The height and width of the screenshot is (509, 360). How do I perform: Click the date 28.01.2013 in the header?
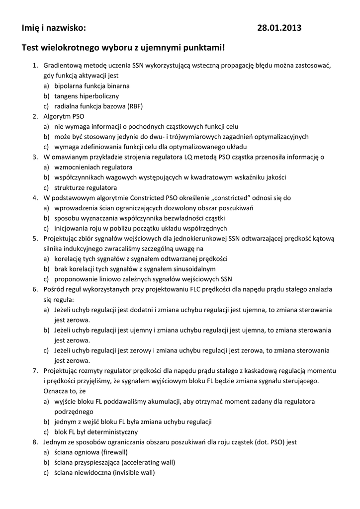pyautogui.click(x=279, y=28)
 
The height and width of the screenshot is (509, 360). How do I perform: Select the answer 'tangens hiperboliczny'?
pyautogui.click(x=87, y=95)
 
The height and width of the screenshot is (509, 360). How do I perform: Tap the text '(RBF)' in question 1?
pyautogui.click(x=134, y=106)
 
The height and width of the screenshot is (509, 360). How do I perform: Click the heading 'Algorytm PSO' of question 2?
pyautogui.click(x=64, y=116)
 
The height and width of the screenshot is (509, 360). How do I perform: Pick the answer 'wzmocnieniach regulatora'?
pyautogui.click(x=93, y=167)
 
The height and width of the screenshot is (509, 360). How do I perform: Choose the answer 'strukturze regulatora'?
pyautogui.click(x=86, y=187)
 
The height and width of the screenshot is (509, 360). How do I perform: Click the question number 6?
pyautogui.click(x=35, y=289)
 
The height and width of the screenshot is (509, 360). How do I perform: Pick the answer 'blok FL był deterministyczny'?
pyautogui.click(x=96, y=432)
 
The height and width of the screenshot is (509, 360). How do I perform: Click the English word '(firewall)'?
pyautogui.click(x=115, y=452)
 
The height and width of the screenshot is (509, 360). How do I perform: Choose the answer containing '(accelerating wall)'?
pyautogui.click(x=114, y=462)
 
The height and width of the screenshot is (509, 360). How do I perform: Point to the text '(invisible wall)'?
pyautogui.click(x=134, y=473)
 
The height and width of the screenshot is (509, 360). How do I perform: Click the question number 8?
pyautogui.click(x=35, y=442)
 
